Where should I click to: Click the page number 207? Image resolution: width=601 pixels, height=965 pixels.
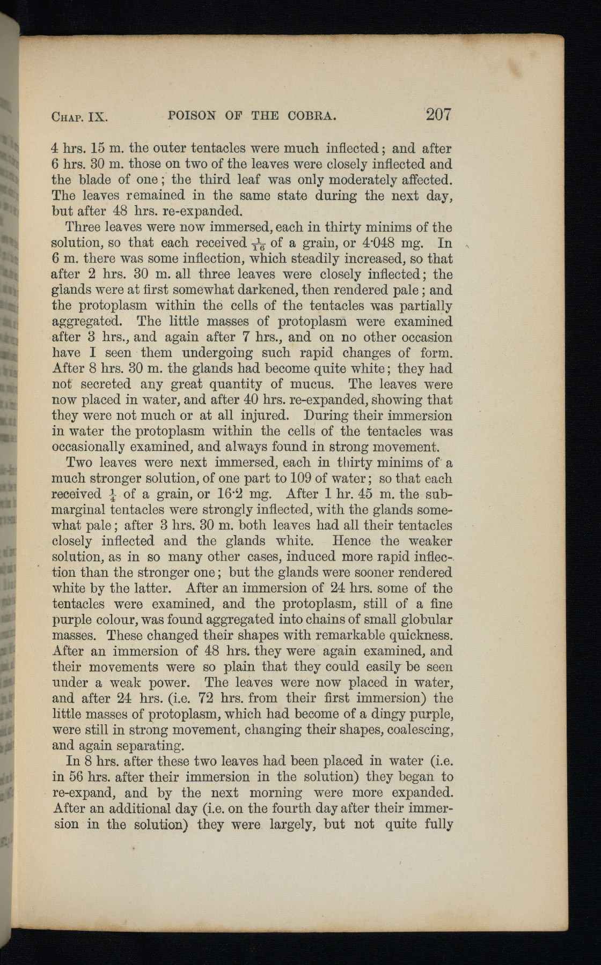pos(438,114)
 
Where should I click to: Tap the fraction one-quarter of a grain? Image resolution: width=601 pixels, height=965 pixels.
pos(112,494)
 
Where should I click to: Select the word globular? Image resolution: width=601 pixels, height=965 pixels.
pos(427,620)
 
